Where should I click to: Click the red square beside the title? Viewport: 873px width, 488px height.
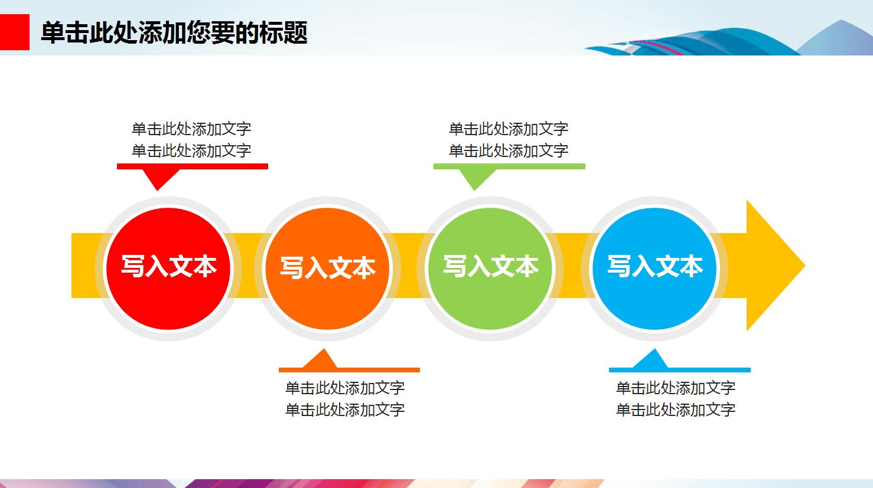coord(14,32)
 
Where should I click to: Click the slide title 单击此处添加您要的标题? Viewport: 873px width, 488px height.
coord(174,32)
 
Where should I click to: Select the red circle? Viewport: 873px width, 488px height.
coord(168,268)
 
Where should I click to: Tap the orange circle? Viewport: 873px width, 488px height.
coord(327,268)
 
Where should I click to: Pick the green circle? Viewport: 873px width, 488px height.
coord(490,268)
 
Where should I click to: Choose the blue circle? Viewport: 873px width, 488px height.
coord(654,268)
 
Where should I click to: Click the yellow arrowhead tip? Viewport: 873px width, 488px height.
coord(805,266)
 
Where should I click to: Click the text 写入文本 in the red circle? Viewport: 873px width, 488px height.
coord(168,266)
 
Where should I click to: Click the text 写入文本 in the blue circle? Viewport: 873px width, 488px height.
coord(655,266)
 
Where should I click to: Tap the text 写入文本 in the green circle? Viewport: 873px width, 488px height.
coord(491,266)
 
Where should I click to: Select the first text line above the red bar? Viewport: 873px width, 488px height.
coord(191,129)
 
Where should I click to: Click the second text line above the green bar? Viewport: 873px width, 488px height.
coord(509,150)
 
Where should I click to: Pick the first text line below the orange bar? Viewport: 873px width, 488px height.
coord(345,388)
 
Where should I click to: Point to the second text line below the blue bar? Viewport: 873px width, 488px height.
coord(676,410)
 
